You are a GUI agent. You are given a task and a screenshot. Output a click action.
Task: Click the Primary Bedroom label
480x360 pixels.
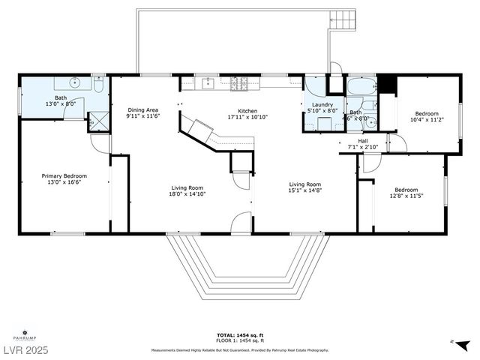coord(64,175)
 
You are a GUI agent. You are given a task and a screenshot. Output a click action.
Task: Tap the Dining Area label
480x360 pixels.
coord(142,109)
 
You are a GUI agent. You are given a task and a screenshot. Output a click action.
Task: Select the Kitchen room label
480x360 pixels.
coord(247,111)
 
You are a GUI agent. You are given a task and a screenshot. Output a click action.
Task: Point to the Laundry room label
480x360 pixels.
coord(322,105)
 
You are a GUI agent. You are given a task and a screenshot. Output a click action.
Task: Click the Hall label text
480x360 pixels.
coord(362,140)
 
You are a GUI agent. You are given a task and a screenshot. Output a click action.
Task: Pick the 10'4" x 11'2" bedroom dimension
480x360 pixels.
coord(427,119)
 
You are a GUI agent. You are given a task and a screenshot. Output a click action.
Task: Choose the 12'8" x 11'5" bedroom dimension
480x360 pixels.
coord(406,196)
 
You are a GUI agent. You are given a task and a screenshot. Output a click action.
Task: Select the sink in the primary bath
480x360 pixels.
coord(76,83)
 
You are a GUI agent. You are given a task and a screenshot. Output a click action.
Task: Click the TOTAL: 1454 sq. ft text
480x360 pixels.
coord(240,334)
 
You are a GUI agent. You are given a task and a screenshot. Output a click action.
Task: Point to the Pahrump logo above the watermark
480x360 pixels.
coord(25,333)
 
